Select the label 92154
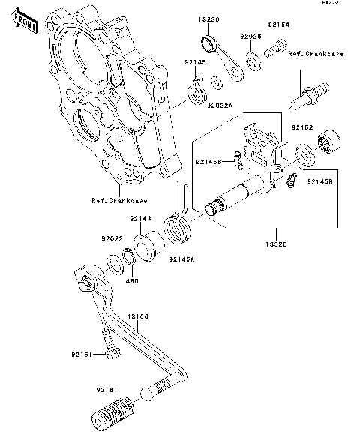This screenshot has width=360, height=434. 280,25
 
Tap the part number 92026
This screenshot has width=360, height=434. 251,36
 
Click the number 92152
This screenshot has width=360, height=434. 303,127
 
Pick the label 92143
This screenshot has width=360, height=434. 139,219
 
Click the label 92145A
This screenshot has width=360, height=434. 181,259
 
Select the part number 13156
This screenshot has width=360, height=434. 138,317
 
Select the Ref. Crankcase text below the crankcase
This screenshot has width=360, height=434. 119,201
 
